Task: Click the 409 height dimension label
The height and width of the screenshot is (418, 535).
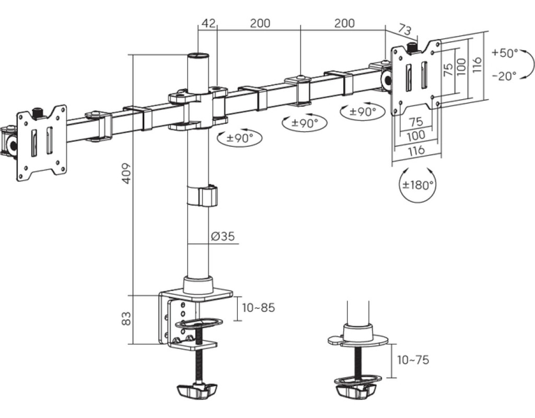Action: [x=126, y=173]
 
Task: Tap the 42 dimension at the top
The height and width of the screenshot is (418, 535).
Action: [x=208, y=23]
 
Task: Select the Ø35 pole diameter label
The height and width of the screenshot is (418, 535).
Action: [x=223, y=236]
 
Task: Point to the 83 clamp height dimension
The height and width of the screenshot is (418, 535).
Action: [x=126, y=318]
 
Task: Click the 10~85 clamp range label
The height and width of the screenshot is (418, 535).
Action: [x=258, y=308]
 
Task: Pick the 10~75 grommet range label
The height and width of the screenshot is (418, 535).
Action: [x=413, y=360]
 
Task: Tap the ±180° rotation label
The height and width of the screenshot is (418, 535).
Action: [x=418, y=185]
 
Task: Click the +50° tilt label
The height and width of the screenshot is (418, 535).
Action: [x=505, y=53]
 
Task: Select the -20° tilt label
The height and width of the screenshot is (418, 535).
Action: [x=504, y=76]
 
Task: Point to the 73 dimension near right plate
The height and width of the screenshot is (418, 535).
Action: [x=405, y=30]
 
